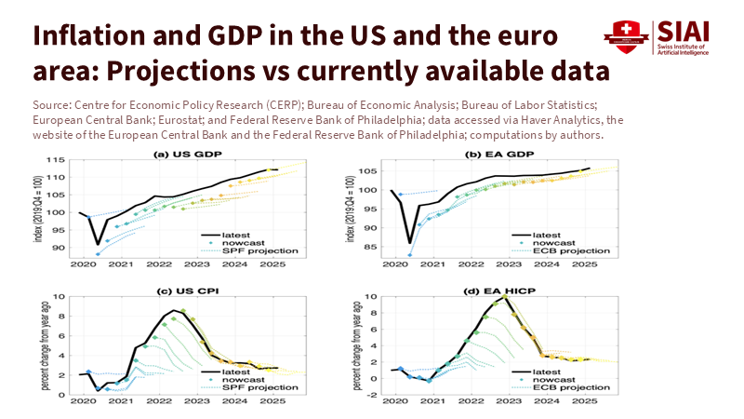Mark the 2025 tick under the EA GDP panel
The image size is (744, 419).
tap(583, 264)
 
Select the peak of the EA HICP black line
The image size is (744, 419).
tap(507, 298)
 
